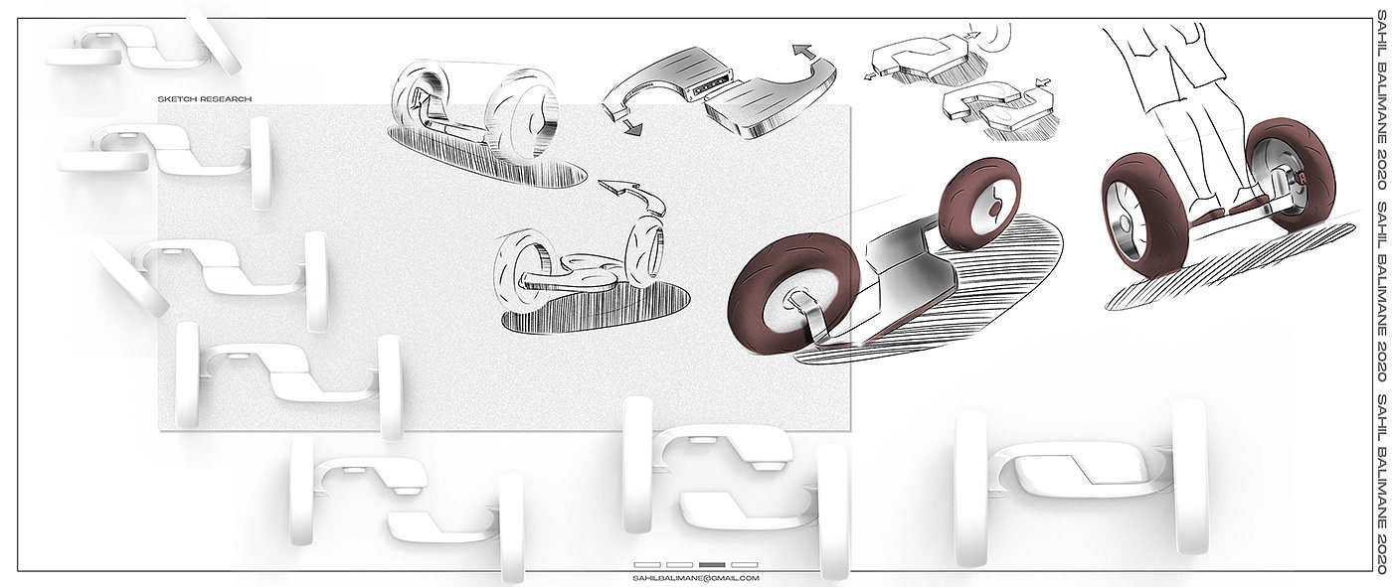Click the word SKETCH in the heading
point(177,99)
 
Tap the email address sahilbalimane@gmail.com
point(695,578)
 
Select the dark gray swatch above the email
point(712,565)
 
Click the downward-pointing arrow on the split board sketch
point(632,127)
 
